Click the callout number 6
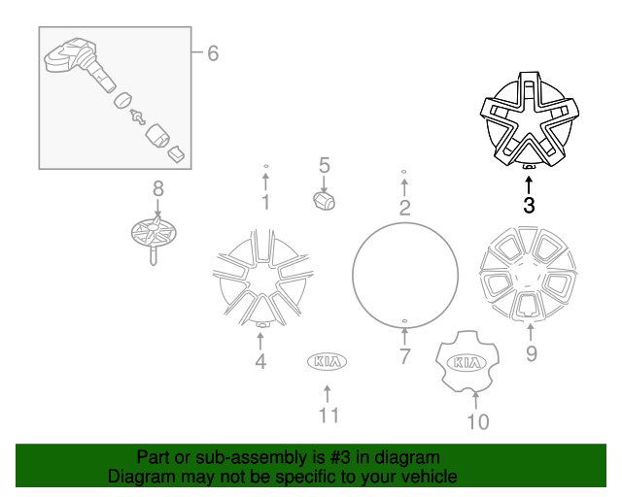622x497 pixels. point(212,52)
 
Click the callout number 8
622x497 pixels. point(157,188)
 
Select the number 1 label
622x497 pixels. point(264,202)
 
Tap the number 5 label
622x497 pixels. point(325,166)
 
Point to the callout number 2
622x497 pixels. point(403,206)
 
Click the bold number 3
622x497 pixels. point(529,205)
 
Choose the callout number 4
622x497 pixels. point(260,362)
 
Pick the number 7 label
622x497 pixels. point(405,356)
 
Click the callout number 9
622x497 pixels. point(531,353)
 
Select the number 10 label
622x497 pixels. point(477,421)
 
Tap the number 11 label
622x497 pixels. point(328,415)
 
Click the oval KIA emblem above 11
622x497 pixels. point(328,361)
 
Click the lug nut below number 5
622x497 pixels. point(324,199)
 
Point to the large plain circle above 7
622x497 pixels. point(404,274)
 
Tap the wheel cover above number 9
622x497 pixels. point(529,275)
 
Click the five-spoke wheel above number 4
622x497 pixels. point(260,278)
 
